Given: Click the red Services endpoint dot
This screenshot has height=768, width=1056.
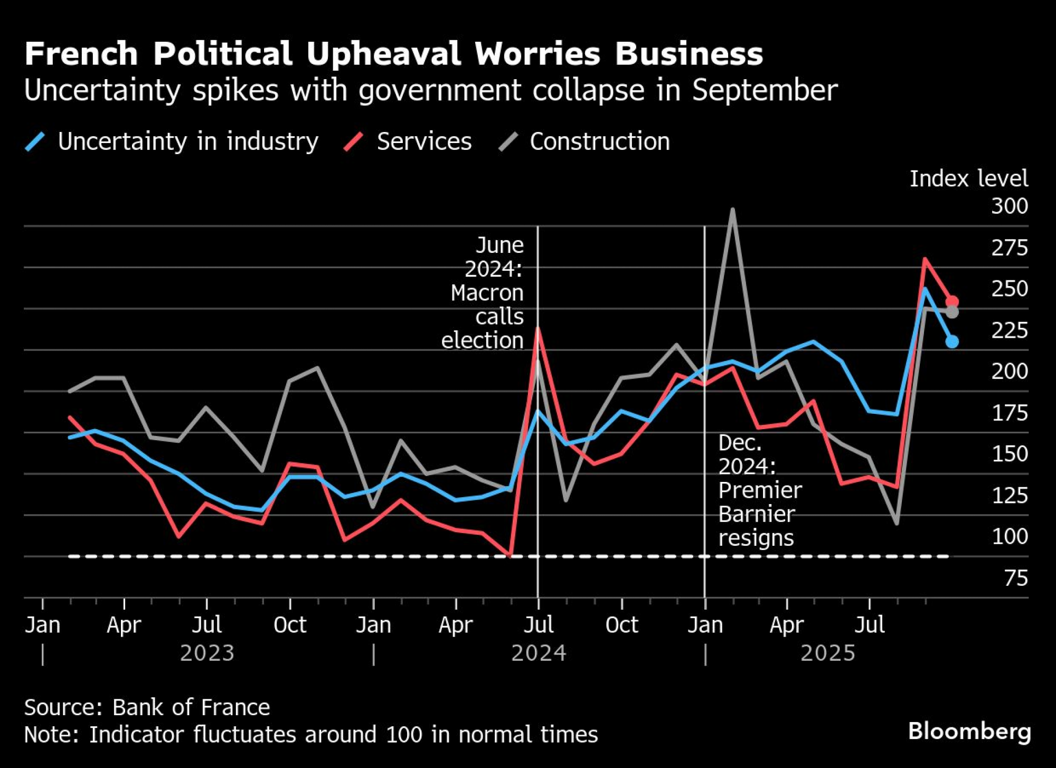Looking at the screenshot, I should click(952, 302).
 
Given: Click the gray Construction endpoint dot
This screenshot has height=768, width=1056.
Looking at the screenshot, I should click(952, 312).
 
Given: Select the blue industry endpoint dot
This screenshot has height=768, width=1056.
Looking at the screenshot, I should click(952, 342).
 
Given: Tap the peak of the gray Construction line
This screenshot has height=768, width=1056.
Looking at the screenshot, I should click(732, 210).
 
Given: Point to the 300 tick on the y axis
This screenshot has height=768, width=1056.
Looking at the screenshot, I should click(1009, 206).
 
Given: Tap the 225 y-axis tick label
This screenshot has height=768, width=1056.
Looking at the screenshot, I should click(1009, 330).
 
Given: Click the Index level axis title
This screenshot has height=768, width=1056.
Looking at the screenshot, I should click(968, 178).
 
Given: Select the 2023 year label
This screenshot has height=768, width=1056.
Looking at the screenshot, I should click(207, 653).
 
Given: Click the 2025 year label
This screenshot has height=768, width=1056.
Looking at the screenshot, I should click(827, 653).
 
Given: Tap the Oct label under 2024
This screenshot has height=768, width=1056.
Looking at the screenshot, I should click(621, 625).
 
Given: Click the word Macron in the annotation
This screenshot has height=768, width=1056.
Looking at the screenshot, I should click(487, 292).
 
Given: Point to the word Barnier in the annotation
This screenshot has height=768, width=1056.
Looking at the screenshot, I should click(757, 514).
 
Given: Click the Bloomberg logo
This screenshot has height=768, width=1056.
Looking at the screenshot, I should click(969, 731).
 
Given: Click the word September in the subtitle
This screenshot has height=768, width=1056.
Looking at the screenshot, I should click(765, 90).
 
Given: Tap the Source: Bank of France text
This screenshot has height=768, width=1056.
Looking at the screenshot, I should click(147, 707).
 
